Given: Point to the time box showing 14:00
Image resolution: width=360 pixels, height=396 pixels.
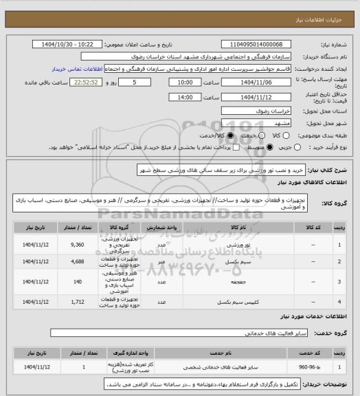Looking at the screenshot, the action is tap(184, 97).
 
